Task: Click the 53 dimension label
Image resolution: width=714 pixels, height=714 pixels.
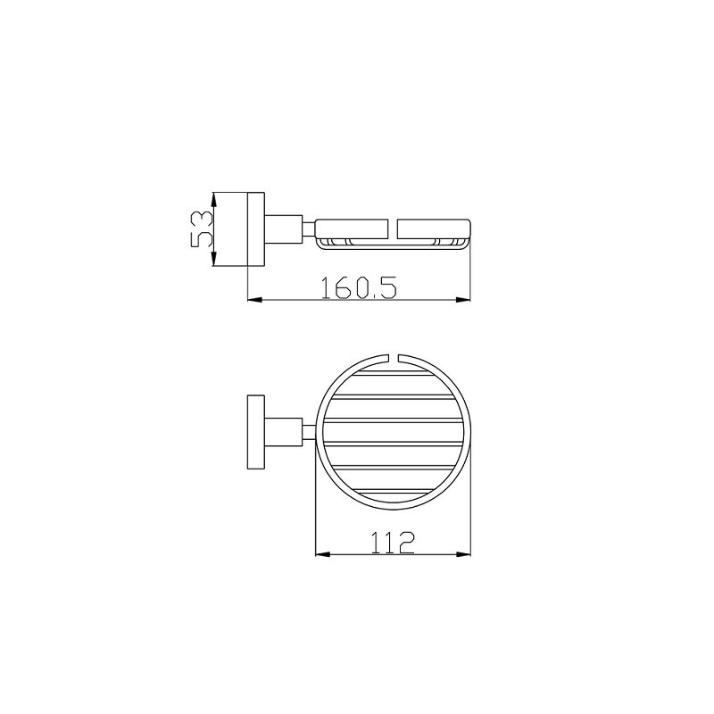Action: (x=201, y=229)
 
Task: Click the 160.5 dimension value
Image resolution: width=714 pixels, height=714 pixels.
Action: (x=359, y=287)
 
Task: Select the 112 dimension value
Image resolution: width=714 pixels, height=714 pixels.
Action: (x=393, y=542)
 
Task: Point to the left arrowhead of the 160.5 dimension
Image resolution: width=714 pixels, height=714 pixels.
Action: (x=254, y=300)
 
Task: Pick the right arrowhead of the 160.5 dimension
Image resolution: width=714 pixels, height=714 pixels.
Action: (x=463, y=300)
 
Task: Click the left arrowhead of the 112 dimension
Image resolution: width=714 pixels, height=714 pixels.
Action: (x=322, y=554)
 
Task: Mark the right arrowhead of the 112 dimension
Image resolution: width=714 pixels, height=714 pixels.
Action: (x=463, y=554)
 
